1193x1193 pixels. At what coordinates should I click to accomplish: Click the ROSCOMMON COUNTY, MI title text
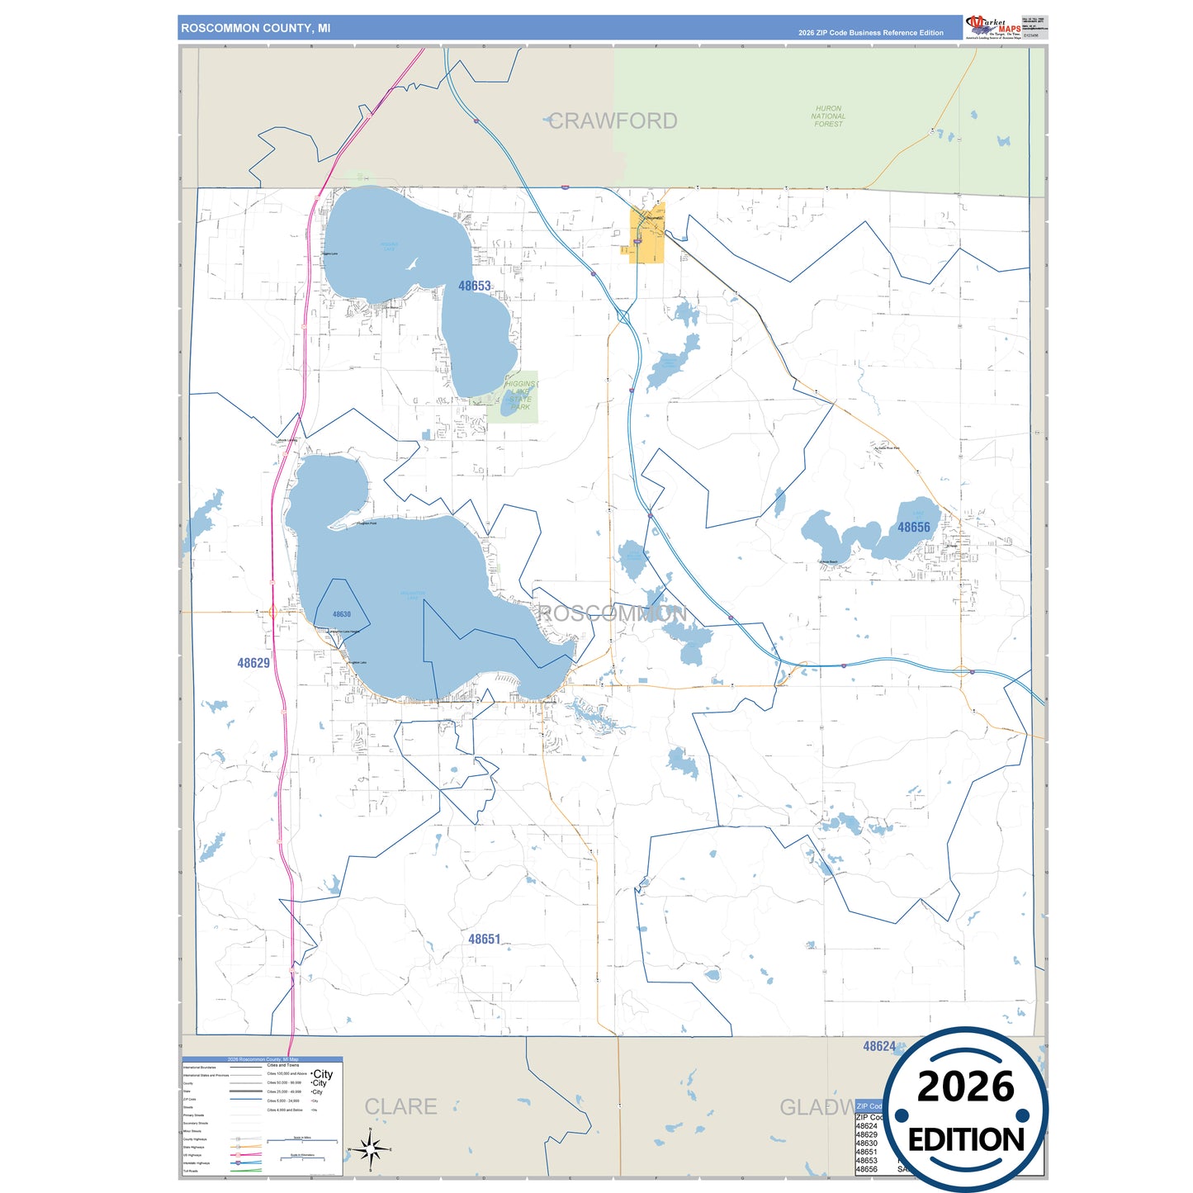(255, 28)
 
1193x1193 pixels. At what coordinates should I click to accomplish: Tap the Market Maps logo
(994, 26)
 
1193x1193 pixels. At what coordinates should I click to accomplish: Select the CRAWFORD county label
(613, 121)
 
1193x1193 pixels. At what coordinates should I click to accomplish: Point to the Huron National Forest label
(828, 116)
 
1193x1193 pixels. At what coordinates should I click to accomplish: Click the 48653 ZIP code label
(475, 286)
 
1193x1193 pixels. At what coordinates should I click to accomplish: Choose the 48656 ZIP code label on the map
(913, 528)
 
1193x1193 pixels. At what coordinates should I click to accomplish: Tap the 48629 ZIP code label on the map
(253, 663)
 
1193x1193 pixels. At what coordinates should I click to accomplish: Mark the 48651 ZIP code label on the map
(485, 940)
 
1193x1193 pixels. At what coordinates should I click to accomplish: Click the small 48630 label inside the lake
(342, 614)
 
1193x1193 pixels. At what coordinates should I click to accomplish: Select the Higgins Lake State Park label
(519, 395)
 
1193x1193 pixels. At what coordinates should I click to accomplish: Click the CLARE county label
(400, 1106)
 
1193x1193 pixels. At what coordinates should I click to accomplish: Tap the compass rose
(371, 1148)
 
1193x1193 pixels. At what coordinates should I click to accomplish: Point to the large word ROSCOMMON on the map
(612, 613)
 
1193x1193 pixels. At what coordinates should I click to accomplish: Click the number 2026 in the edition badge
(965, 1086)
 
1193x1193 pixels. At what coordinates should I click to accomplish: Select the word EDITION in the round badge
(965, 1140)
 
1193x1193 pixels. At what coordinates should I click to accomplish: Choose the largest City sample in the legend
(322, 1074)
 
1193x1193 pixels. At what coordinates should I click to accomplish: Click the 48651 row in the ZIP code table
(867, 1152)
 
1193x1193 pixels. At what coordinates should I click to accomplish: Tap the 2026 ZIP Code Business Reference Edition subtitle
(870, 33)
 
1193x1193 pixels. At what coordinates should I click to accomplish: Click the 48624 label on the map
(879, 1046)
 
